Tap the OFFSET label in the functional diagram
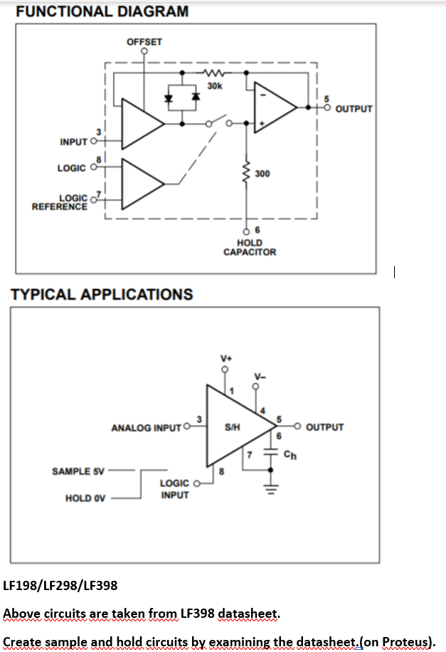tap(144, 42)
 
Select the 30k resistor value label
tap(214, 85)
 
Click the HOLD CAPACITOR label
tap(250, 247)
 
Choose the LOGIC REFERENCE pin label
tap(60, 202)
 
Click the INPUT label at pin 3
tap(74, 142)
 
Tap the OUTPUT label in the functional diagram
tap(354, 109)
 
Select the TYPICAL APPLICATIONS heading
tap(100, 294)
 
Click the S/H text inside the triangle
tap(232, 428)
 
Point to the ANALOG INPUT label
tap(147, 428)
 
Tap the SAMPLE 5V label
tap(78, 471)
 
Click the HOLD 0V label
tap(85, 498)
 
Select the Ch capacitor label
tap(288, 455)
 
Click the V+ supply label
tap(226, 357)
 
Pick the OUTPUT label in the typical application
tap(325, 428)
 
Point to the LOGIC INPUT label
tap(174, 488)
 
